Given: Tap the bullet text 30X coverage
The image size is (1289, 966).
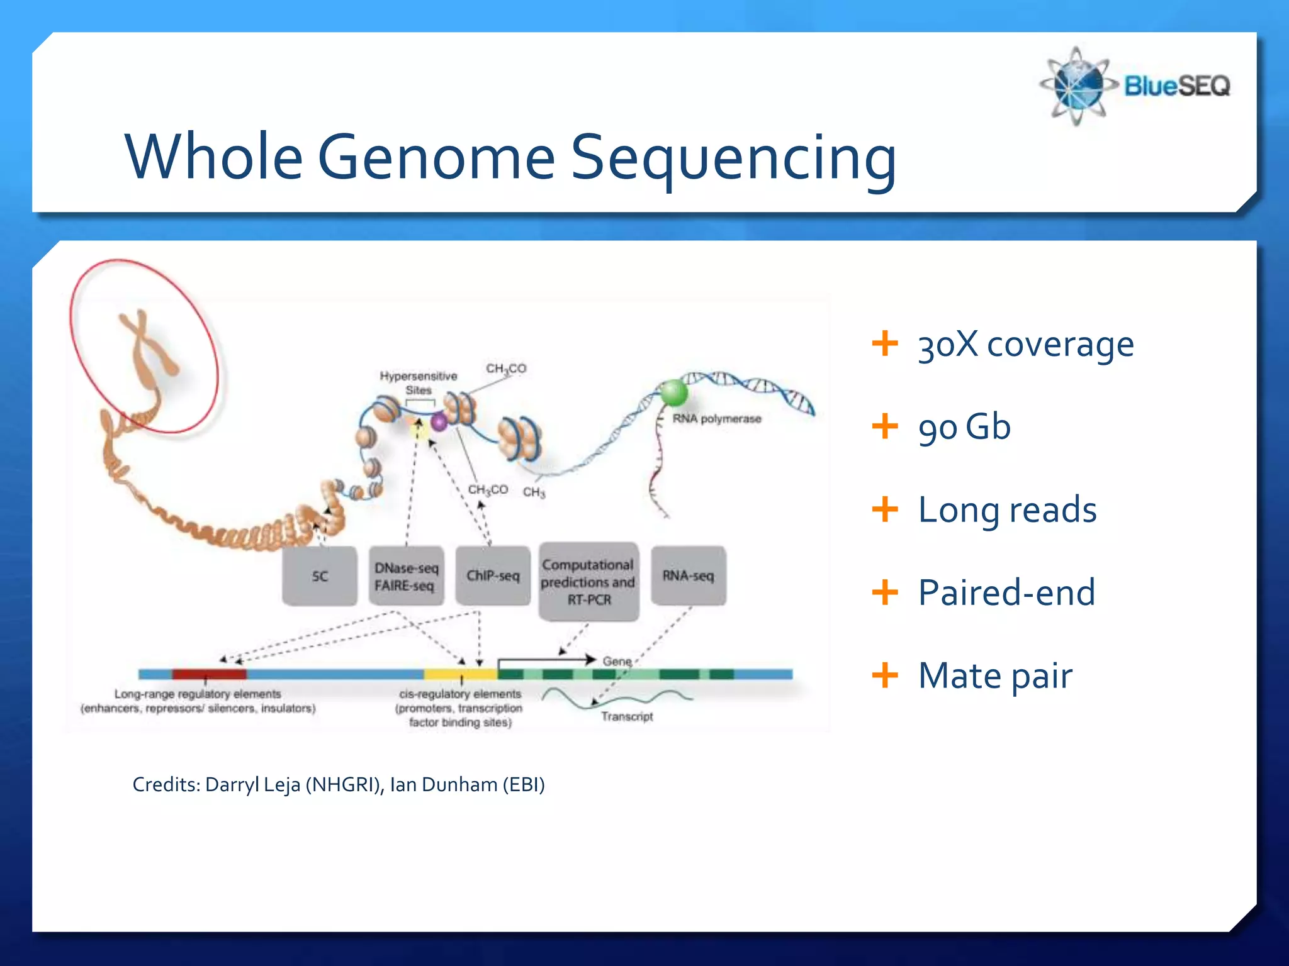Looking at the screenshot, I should [x=1025, y=345].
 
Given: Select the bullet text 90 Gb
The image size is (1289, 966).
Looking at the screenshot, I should [x=964, y=427].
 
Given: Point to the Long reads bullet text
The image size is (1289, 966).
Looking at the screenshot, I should [x=1006, y=510].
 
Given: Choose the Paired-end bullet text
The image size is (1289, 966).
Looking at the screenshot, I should [x=1006, y=592].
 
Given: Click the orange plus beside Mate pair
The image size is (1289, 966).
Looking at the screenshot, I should [x=884, y=675].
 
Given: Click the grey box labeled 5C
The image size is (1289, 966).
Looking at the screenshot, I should [x=320, y=576].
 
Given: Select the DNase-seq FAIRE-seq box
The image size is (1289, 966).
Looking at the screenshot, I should [x=406, y=576].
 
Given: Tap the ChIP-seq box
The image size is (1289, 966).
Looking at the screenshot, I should [x=493, y=576].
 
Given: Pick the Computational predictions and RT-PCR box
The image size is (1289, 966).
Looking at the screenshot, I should [x=588, y=582].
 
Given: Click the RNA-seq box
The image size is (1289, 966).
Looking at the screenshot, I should [x=688, y=576].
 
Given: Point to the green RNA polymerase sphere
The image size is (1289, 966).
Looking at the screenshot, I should [x=673, y=394].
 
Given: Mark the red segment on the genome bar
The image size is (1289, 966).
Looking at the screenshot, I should [x=209, y=674].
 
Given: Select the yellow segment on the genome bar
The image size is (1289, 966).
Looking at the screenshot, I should [x=460, y=674].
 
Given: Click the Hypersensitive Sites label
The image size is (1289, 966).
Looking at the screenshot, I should [x=418, y=382].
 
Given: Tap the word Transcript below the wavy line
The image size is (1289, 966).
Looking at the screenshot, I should [x=626, y=716].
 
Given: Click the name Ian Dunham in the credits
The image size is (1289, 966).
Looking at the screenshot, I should [x=444, y=785].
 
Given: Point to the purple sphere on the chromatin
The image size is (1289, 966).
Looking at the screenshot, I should [x=439, y=422].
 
